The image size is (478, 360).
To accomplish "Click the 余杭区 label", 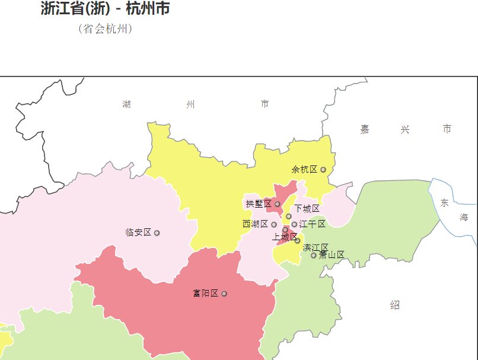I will pos(304,170).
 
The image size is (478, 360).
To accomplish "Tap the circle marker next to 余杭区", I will pos(323,170).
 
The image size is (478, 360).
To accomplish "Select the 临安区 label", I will pos(138,232).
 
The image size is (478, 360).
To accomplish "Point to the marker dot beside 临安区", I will pos(157,233).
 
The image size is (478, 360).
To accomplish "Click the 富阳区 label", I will pos(205,294).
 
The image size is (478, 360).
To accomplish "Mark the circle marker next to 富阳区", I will pos(224,294).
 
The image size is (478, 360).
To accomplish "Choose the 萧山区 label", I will pos(332,255).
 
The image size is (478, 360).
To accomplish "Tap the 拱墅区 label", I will pos(259,204).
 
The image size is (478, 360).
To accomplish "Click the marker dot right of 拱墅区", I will pos(277,204).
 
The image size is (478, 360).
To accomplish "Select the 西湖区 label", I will pos(255,224).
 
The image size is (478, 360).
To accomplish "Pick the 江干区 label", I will pos(313,224).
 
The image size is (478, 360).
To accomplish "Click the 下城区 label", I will pos(307,209).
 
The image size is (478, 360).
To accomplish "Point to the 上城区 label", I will pos(284,237).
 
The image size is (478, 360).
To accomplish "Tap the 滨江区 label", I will pos(316,247).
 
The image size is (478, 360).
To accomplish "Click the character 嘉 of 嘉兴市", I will pos(365,129).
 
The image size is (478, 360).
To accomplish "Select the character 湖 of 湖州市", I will pos(126,105).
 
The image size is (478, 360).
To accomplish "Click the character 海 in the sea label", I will pos(464,218).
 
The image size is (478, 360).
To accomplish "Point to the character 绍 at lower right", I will pos(395,305).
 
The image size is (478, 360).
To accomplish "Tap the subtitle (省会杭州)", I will pos(105,29).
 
